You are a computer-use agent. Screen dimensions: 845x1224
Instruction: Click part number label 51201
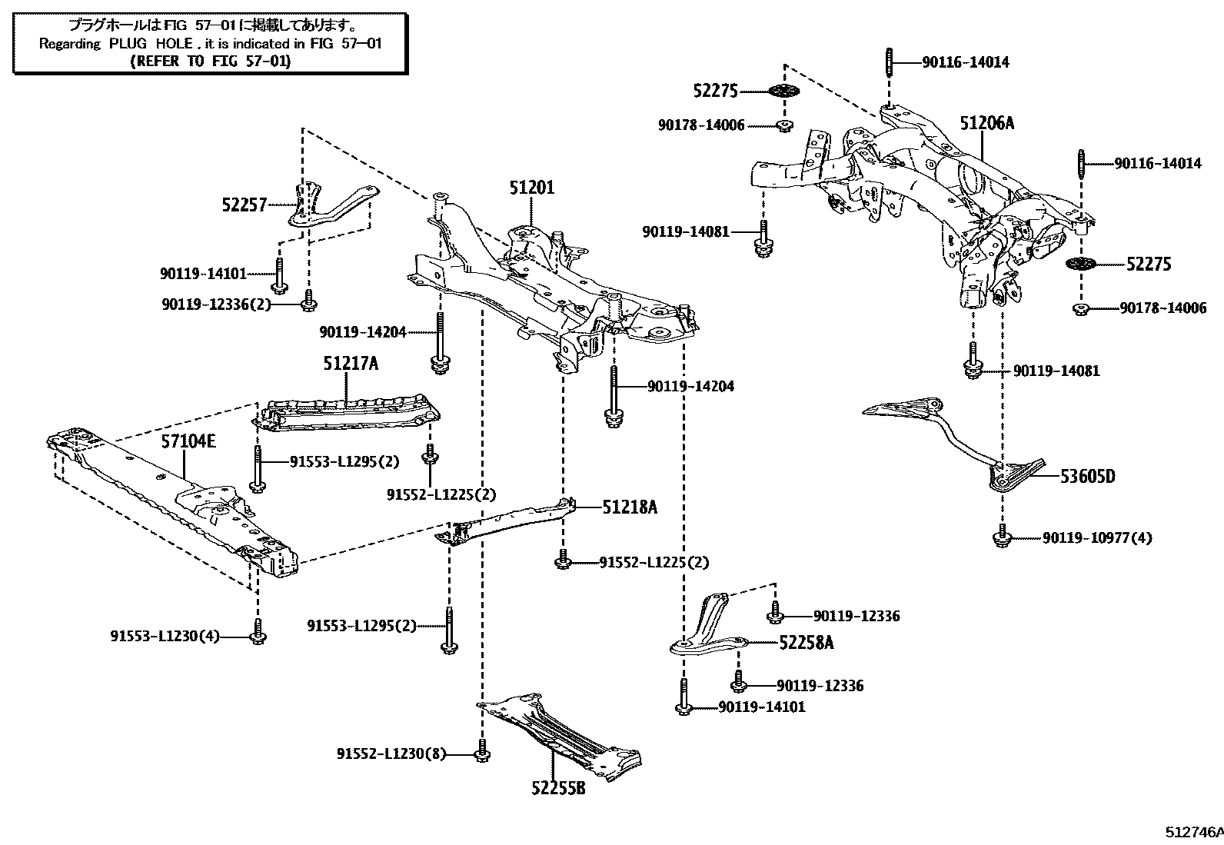[531, 188]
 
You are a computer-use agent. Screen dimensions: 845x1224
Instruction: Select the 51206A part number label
[986, 123]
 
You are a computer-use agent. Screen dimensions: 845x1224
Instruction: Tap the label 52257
[244, 205]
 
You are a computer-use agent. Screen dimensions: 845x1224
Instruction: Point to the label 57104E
[188, 441]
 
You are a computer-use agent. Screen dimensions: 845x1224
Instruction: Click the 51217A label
[351, 364]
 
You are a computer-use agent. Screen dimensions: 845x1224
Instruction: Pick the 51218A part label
[630, 507]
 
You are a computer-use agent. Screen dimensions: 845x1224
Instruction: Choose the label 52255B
[557, 789]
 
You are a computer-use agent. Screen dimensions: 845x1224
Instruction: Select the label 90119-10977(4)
[1097, 537]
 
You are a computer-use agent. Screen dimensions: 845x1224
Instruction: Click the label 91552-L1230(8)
[391, 754]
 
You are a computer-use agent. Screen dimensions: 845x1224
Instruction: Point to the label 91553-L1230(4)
[165, 636]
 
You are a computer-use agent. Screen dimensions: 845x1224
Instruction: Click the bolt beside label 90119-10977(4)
[1002, 537]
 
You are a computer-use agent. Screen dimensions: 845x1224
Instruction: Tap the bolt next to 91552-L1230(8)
[481, 751]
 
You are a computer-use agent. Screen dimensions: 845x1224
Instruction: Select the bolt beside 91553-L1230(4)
[258, 631]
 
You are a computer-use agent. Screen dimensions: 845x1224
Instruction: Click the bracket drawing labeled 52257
[331, 206]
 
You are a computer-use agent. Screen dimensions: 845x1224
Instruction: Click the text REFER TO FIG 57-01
[211, 61]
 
